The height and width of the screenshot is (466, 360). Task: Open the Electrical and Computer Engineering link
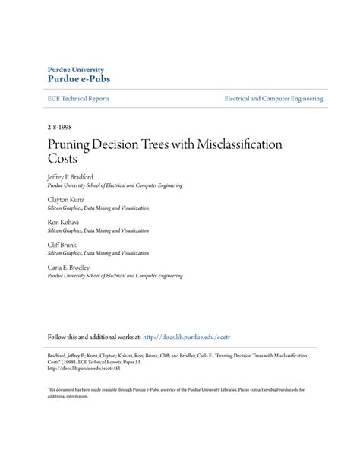273,99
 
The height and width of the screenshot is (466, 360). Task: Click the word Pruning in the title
74,143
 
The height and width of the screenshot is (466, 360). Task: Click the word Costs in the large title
62,160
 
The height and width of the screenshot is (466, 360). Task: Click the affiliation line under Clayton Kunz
98,208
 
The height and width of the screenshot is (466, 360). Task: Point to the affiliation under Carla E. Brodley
115,276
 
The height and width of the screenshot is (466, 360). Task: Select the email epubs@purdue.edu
278,390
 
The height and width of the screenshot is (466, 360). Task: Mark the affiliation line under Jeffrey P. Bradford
115,185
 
